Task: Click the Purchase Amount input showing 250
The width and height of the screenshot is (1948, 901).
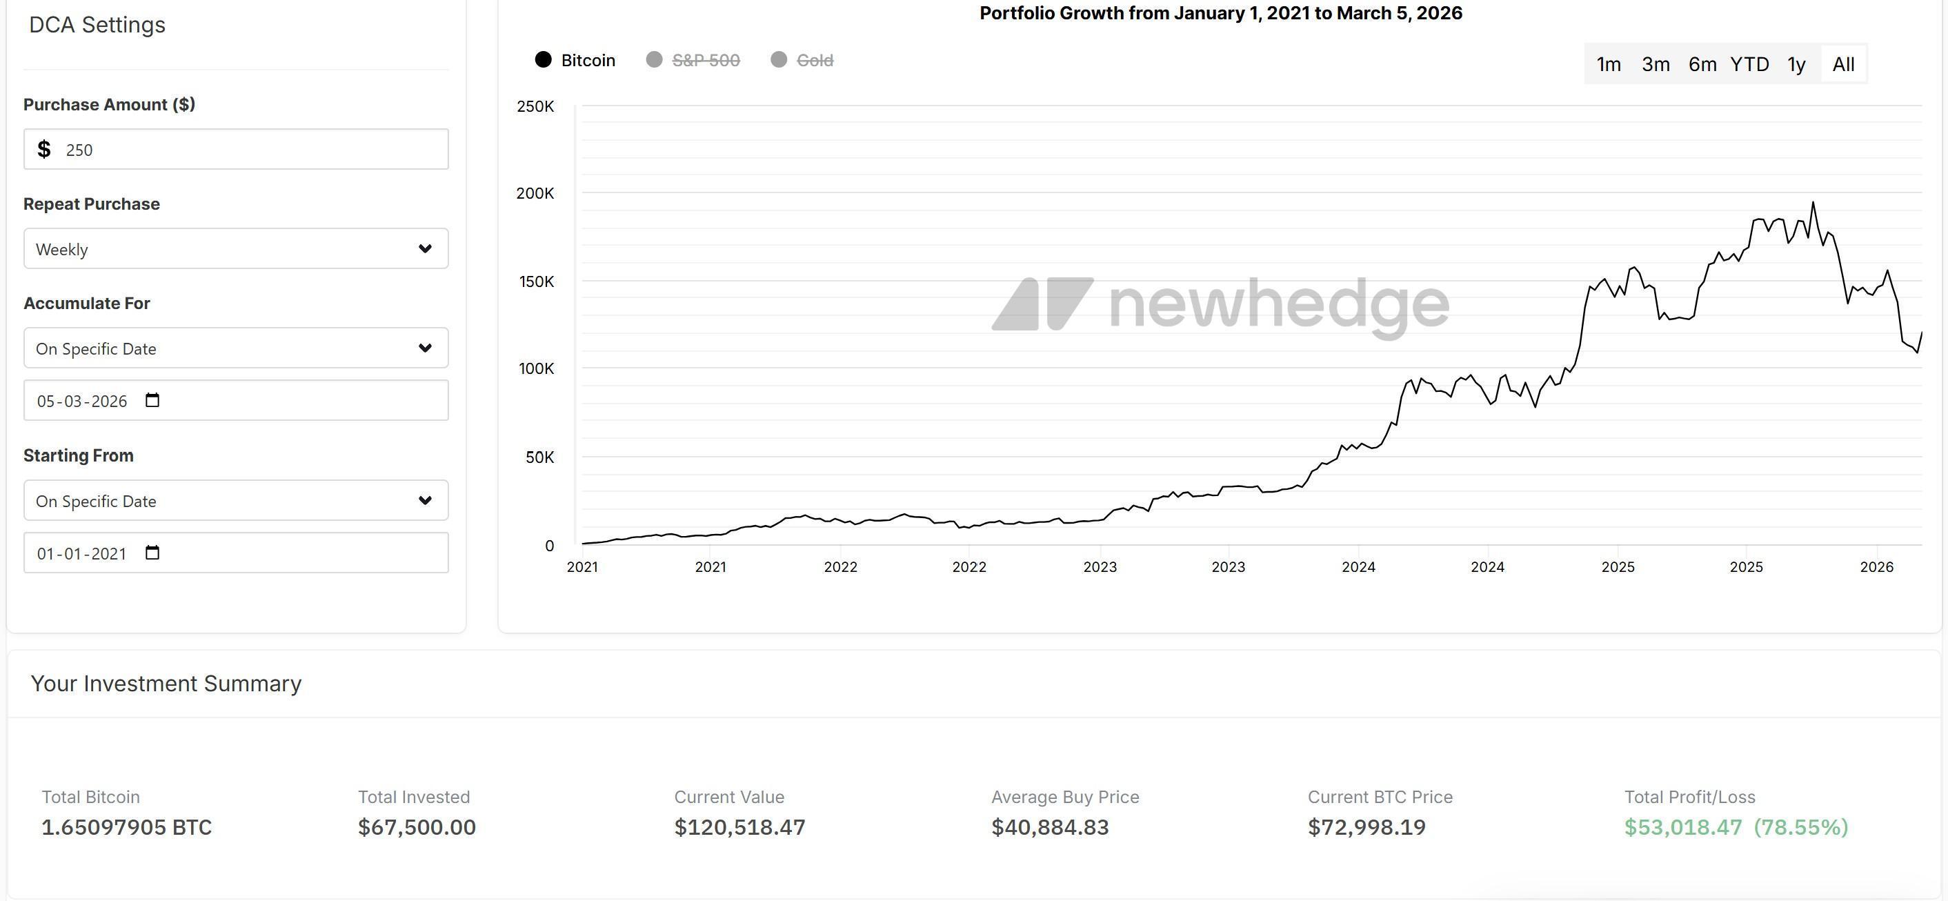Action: [x=236, y=149]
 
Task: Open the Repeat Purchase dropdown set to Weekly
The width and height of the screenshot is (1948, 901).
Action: [x=236, y=249]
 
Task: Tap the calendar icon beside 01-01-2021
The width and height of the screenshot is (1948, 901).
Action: [x=152, y=552]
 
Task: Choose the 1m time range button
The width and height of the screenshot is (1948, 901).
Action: [x=1609, y=64]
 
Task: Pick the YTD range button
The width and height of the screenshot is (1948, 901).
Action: [x=1749, y=64]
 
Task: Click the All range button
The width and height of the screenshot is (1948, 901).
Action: [x=1843, y=64]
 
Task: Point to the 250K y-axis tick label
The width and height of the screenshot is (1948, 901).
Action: [x=535, y=107]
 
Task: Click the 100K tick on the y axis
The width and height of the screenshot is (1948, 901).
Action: [x=536, y=369]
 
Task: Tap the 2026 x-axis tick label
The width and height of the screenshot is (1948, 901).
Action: [x=1876, y=567]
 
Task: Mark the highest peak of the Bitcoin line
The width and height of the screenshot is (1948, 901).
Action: [x=1813, y=203]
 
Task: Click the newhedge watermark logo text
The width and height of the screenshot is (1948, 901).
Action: [x=1278, y=304]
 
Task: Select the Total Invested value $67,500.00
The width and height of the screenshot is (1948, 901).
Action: [x=417, y=827]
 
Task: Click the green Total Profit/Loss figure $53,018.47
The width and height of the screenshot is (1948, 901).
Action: [x=1682, y=827]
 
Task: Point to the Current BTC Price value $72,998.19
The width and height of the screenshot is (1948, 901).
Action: [x=1366, y=827]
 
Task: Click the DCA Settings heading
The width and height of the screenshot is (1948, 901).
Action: [x=97, y=25]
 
